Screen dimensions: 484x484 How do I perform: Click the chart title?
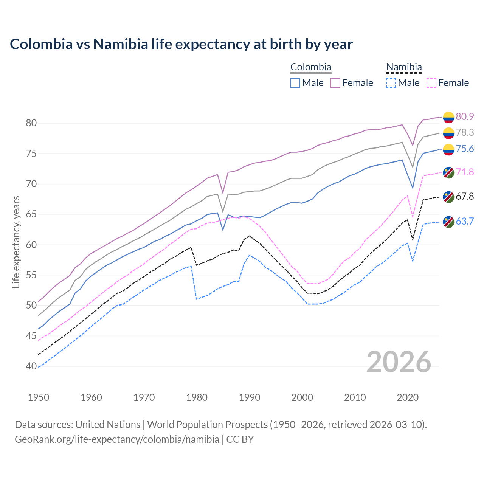click(x=181, y=44)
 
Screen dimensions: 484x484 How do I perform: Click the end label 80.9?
click(x=465, y=116)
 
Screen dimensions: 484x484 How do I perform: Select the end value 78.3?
click(x=465, y=132)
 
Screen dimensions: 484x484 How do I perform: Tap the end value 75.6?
click(x=465, y=149)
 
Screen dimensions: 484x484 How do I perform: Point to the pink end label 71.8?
click(x=465, y=172)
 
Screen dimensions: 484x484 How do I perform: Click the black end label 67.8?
click(x=465, y=196)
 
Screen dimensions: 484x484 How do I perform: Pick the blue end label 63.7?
click(x=465, y=221)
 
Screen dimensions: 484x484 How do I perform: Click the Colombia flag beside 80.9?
click(x=448, y=117)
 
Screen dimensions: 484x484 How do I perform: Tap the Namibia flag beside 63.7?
click(x=448, y=222)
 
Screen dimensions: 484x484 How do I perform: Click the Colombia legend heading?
click(x=311, y=67)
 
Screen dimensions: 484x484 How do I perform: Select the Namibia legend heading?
click(x=404, y=67)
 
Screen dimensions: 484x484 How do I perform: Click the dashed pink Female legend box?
click(x=431, y=83)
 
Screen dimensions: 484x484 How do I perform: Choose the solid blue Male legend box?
click(x=295, y=83)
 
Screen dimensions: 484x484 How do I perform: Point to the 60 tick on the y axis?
click(x=31, y=245)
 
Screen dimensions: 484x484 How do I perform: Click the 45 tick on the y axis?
click(x=31, y=336)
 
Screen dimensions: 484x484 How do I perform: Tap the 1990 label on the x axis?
click(x=250, y=397)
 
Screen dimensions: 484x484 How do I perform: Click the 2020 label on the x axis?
click(x=408, y=397)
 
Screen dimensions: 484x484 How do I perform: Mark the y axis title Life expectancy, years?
click(x=16, y=242)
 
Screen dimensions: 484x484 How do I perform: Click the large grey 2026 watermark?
click(x=399, y=362)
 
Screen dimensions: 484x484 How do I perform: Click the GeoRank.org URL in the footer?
click(x=117, y=439)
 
